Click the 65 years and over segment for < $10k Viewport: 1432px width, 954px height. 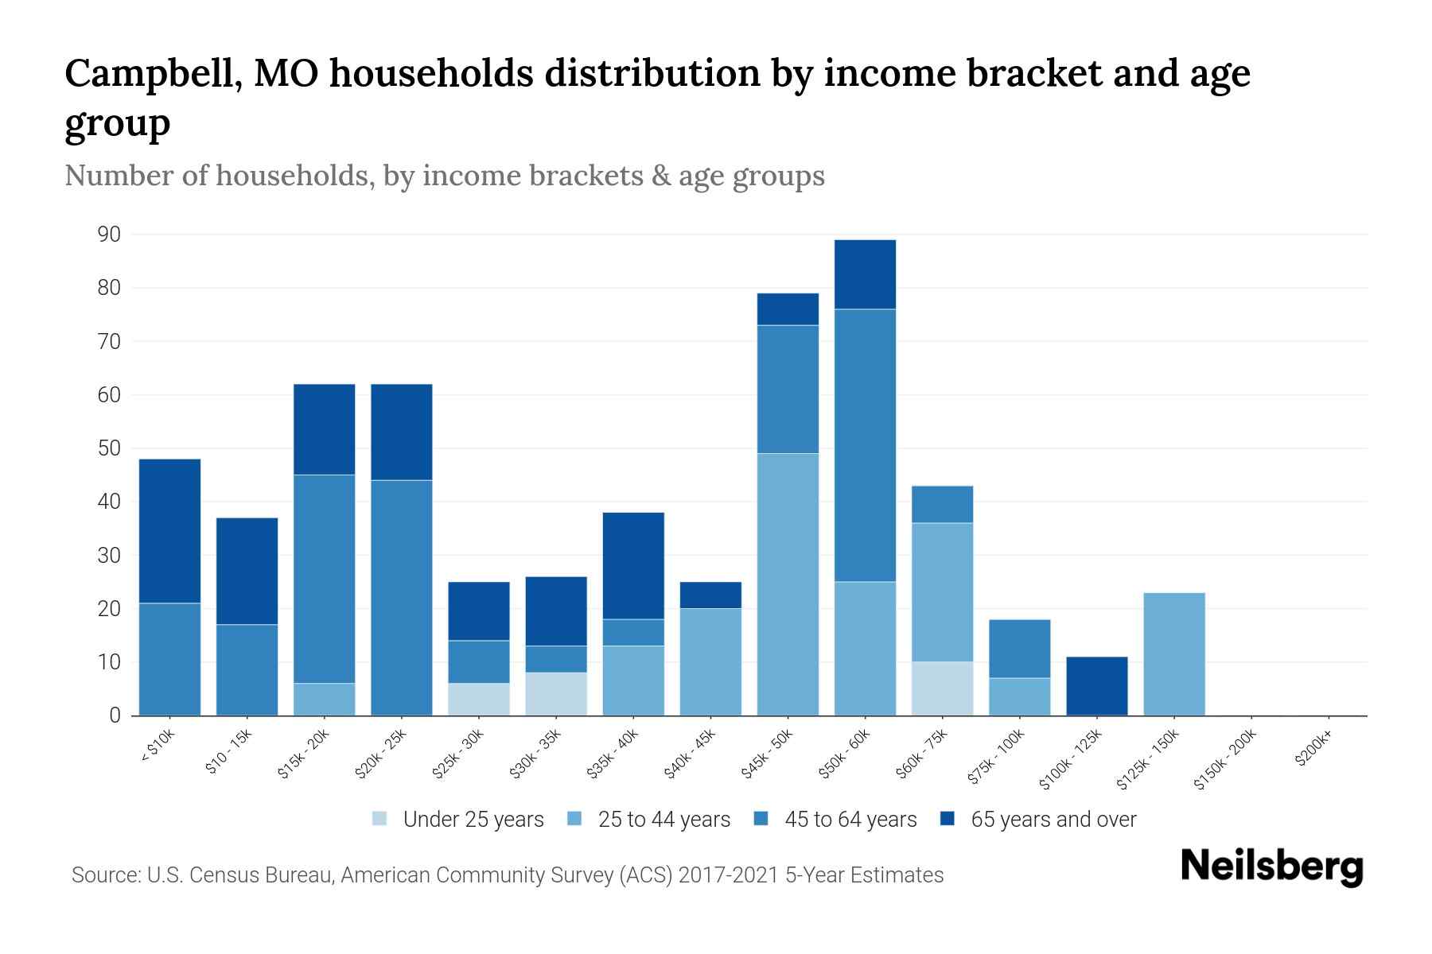point(169,531)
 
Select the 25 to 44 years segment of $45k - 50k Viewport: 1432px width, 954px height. point(788,584)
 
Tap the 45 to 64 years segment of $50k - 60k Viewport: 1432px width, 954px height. point(865,445)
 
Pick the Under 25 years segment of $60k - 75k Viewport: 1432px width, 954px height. point(942,688)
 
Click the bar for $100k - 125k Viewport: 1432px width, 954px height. point(1096,686)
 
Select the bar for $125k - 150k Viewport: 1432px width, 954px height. point(1173,654)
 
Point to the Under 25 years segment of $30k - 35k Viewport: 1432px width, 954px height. point(556,694)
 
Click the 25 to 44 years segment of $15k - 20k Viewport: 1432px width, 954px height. point(325,700)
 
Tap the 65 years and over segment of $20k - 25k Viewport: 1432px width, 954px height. point(402,432)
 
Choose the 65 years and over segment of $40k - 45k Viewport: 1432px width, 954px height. point(710,595)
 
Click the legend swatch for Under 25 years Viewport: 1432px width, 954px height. point(380,819)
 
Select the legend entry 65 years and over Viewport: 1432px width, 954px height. point(1053,819)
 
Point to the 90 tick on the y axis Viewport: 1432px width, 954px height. point(109,235)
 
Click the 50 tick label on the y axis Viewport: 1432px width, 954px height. point(109,448)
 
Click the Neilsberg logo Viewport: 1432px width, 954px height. point(1272,867)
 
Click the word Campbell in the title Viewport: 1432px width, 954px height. point(146,73)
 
